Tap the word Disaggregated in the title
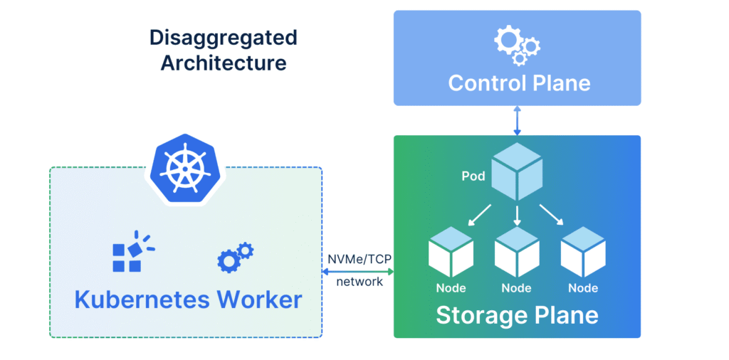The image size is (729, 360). tap(223, 38)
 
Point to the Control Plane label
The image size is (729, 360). tap(519, 83)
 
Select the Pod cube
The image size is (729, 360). tap(518, 171)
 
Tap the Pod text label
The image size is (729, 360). tap(473, 175)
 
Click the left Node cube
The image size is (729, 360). tap(451, 253)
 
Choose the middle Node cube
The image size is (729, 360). tap(517, 253)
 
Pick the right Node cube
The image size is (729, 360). tap(583, 253)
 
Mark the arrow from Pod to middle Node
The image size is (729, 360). tap(518, 214)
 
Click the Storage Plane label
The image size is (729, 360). tap(517, 314)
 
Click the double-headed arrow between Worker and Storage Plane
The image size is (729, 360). tap(358, 270)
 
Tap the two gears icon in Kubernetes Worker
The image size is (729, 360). tap(234, 257)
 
